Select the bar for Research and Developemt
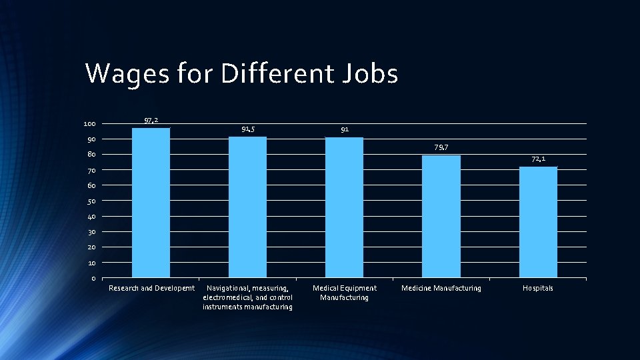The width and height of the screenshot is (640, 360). (x=151, y=203)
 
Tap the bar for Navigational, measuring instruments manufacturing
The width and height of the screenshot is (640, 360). (x=247, y=207)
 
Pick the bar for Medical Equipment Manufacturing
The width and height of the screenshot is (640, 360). (x=344, y=207)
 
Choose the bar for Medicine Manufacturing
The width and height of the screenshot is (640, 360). (x=441, y=216)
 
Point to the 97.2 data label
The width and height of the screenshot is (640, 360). (x=151, y=120)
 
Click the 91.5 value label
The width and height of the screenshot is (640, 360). (x=247, y=129)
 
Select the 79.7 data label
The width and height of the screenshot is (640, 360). (x=441, y=147)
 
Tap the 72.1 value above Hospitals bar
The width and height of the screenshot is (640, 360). (x=538, y=159)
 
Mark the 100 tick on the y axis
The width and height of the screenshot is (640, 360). (x=89, y=124)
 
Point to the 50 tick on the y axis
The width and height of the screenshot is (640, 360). (x=91, y=201)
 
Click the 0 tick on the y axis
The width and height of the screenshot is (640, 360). (x=93, y=279)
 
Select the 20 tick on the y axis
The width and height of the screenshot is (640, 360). (x=91, y=247)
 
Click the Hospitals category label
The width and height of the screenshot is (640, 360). (x=537, y=288)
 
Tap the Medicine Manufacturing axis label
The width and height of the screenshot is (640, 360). (x=441, y=288)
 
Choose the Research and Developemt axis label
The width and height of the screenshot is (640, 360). (x=151, y=288)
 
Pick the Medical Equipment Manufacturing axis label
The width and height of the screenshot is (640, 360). (x=344, y=293)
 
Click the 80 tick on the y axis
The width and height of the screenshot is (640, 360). (x=91, y=155)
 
